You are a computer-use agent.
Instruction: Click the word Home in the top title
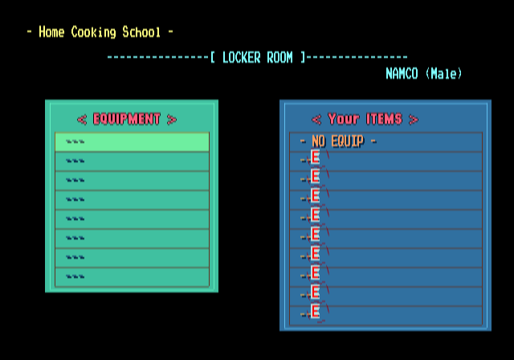pyautogui.click(x=51, y=32)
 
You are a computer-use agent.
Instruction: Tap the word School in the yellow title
pyautogui.click(x=141, y=32)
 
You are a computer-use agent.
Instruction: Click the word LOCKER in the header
pyautogui.click(x=241, y=57)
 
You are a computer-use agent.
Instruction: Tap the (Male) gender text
pyautogui.click(x=444, y=73)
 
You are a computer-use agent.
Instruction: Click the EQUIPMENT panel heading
pyautogui.click(x=127, y=119)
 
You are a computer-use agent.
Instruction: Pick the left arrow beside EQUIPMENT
pyautogui.click(x=82, y=120)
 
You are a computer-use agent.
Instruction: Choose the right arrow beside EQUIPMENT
pyautogui.click(x=171, y=120)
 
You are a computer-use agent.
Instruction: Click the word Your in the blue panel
pyautogui.click(x=344, y=119)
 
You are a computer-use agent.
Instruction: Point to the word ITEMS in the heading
pyautogui.click(x=384, y=119)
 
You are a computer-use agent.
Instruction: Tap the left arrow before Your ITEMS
pyautogui.click(x=316, y=120)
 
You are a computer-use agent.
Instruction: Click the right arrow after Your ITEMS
pyautogui.click(x=413, y=120)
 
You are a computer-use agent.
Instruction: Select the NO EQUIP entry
pyautogui.click(x=337, y=141)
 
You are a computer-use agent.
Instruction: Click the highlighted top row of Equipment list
pyautogui.click(x=132, y=142)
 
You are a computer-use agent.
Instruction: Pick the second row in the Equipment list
pyautogui.click(x=132, y=162)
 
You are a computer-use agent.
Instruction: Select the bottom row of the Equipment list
pyautogui.click(x=132, y=277)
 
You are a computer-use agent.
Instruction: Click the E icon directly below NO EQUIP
pyautogui.click(x=316, y=157)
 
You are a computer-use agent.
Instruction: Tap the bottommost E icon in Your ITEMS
pyautogui.click(x=316, y=312)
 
